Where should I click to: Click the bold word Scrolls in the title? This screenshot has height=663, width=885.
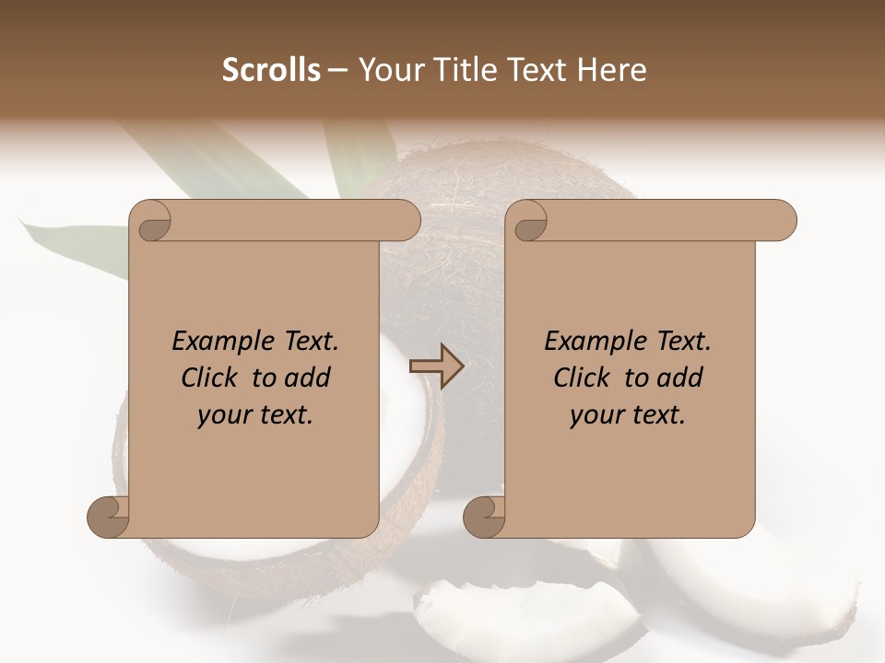(271, 70)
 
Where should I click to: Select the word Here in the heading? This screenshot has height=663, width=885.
(615, 70)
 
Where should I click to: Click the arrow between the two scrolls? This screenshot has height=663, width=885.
(436, 366)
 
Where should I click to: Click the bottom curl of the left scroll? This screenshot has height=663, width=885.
(108, 517)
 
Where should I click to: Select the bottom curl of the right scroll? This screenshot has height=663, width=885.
(484, 517)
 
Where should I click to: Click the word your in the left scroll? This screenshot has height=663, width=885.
(221, 415)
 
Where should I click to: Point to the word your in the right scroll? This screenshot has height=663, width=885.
(594, 415)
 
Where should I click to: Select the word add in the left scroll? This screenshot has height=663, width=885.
(307, 378)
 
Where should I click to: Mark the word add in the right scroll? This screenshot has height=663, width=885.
(679, 378)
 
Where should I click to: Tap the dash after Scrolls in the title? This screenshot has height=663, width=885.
(337, 70)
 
